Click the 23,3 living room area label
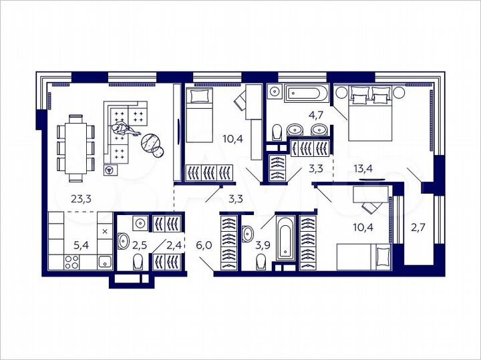click(82, 198)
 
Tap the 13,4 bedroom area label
click(363, 168)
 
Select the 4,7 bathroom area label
click(316, 114)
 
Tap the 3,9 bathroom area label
click(263, 246)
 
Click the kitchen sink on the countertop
click(105, 261)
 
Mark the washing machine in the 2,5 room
click(140, 223)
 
